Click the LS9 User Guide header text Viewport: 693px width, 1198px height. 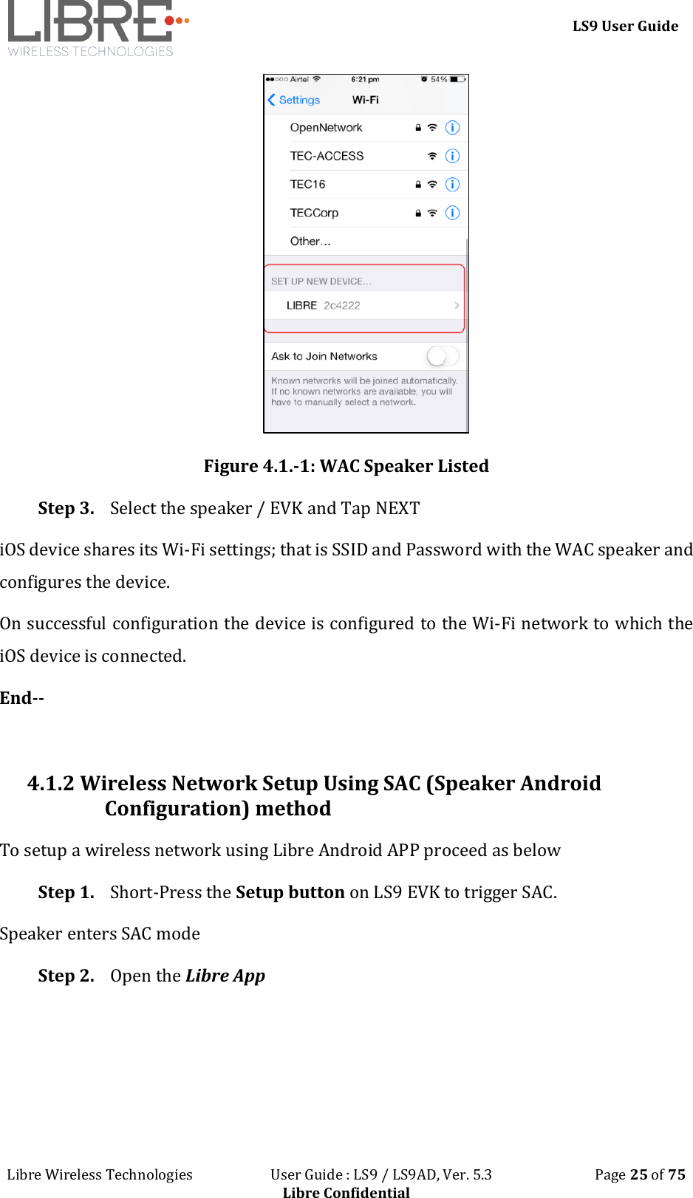625,27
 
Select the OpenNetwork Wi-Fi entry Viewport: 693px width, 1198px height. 326,128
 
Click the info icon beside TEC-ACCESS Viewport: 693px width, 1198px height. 452,156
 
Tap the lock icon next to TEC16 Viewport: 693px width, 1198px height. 418,185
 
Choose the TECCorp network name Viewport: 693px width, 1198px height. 314,213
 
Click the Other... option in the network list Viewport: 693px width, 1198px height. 310,242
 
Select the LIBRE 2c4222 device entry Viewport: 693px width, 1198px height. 324,305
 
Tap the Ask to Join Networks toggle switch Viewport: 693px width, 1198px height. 442,356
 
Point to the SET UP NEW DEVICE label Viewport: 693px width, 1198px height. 321,281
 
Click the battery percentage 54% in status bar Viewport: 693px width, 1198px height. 439,79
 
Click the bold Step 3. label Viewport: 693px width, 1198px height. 66,508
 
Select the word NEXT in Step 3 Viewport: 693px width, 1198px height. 397,508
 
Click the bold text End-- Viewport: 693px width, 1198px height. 22,698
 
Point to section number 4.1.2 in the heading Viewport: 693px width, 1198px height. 50,783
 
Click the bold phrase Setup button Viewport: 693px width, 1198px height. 290,892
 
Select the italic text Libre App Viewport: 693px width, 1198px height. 225,976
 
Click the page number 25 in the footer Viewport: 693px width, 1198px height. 638,1174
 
